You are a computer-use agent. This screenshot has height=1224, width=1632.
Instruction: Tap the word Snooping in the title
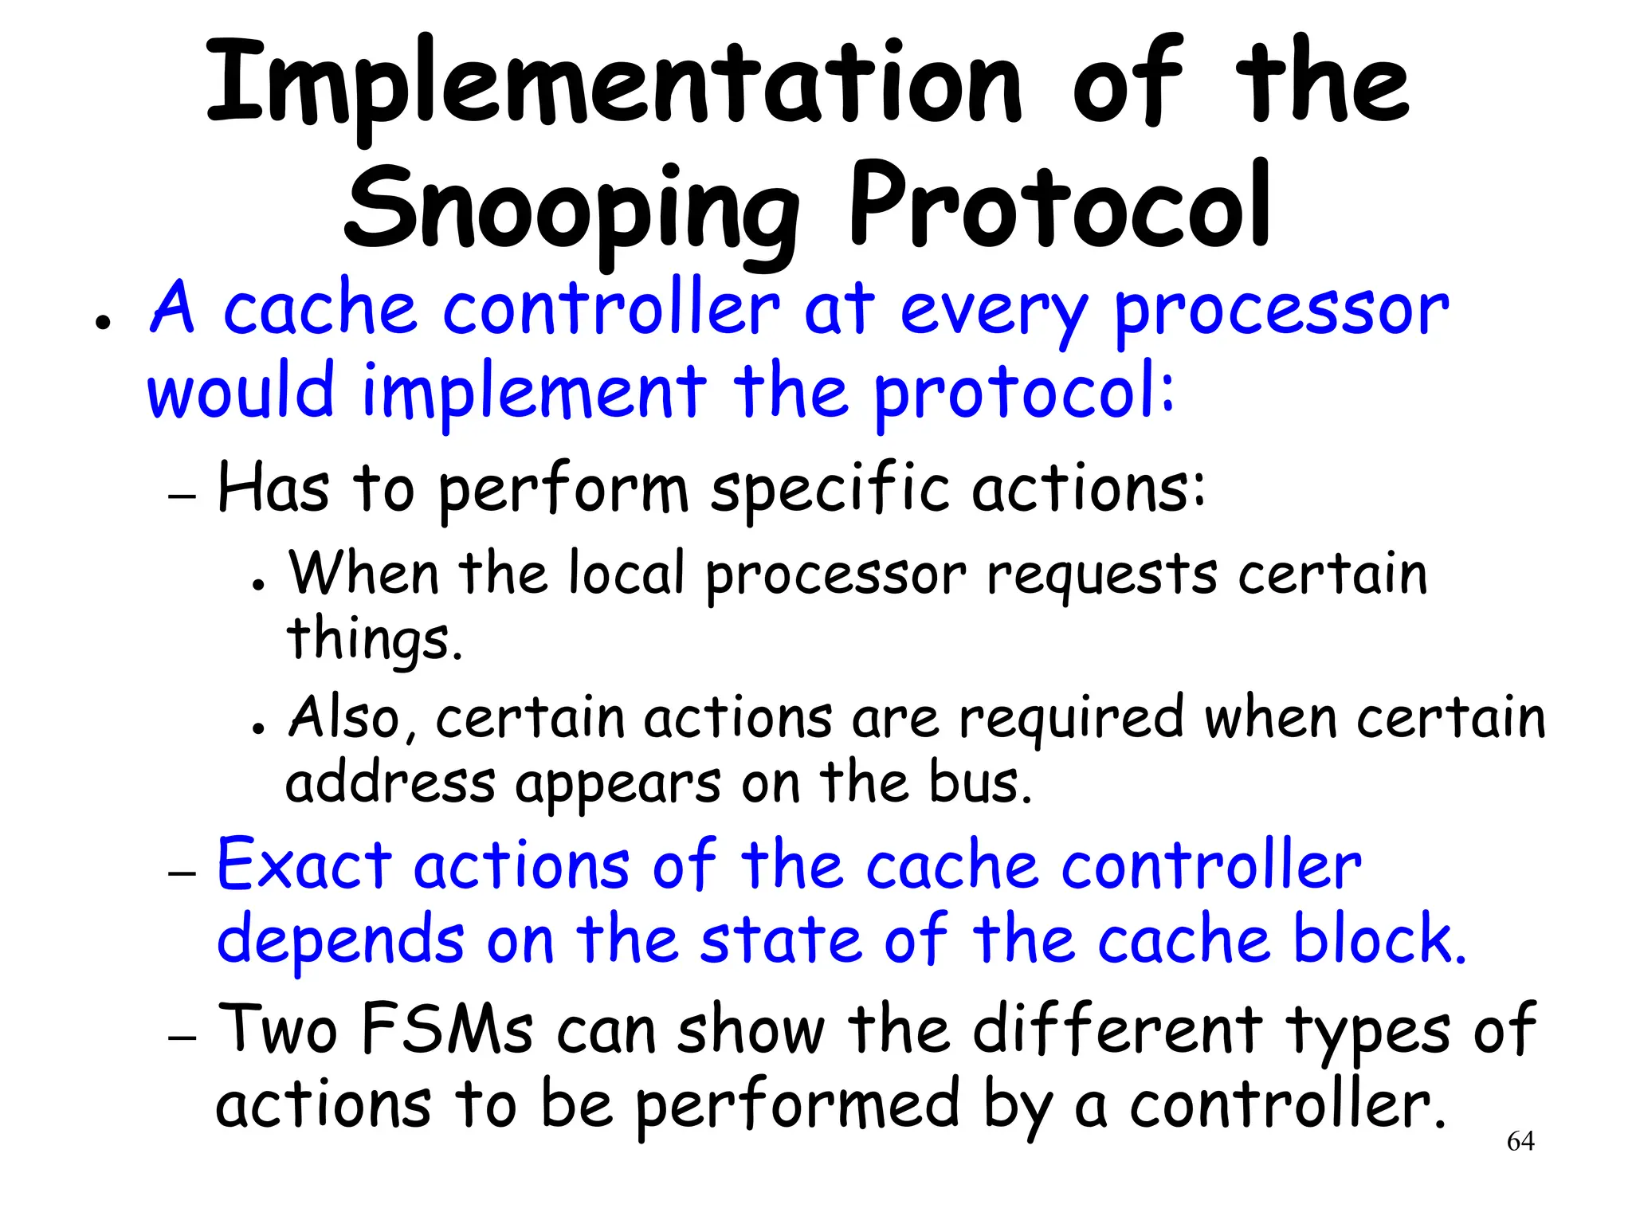(x=571, y=209)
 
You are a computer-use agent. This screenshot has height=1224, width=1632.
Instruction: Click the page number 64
(x=1520, y=1141)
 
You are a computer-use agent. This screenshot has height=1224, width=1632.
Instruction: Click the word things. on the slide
(x=374, y=640)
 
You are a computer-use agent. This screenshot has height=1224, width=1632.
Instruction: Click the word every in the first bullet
(x=993, y=311)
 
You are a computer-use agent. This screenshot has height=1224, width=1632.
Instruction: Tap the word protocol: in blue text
(x=1023, y=392)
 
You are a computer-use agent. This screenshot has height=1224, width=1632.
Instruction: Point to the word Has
(x=273, y=487)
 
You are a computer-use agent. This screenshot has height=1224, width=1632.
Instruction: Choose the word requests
(x=1101, y=575)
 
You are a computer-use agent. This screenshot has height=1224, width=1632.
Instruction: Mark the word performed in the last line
(x=797, y=1106)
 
